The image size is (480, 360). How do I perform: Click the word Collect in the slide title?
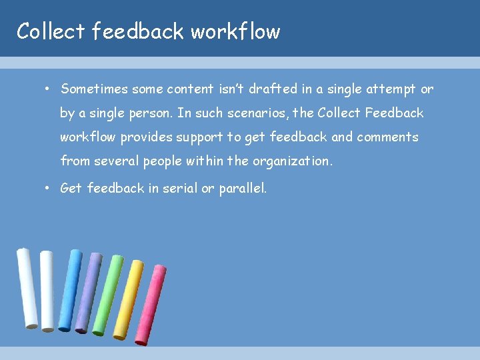[51, 31]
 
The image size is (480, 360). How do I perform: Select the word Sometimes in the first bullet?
[94, 89]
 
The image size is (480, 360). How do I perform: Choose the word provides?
[147, 137]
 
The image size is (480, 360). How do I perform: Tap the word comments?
[387, 137]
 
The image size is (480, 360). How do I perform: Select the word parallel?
[243, 189]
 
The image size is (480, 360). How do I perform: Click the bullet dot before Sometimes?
[49, 89]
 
